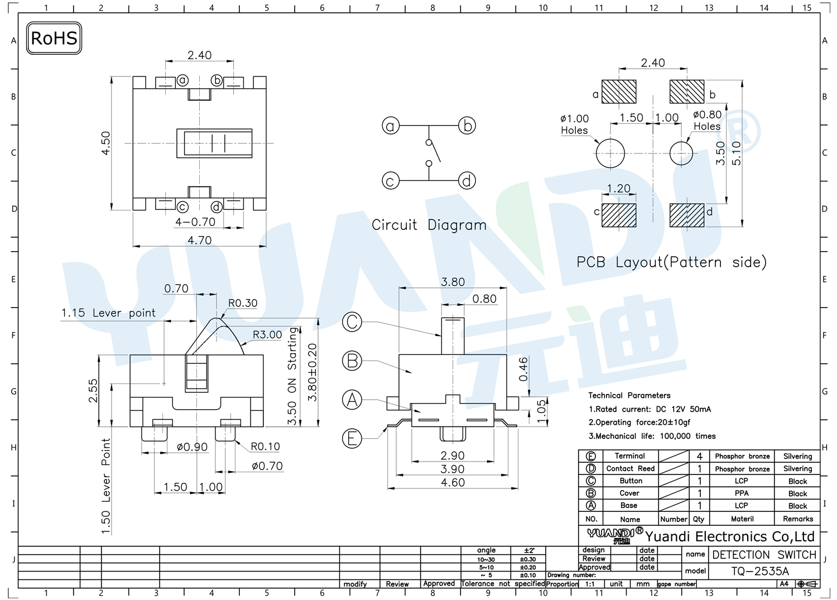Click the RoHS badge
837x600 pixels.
coord(54,38)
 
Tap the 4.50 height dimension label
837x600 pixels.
coord(106,143)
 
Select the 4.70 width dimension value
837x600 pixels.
coord(200,240)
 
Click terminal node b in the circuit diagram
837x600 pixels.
coord(467,126)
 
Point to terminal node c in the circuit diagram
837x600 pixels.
coord(391,181)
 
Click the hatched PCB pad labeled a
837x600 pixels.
coord(619,92)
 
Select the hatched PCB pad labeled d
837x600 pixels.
coord(687,215)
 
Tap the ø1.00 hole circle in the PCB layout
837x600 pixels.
coord(610,153)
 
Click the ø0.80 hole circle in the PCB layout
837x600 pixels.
coord(681,153)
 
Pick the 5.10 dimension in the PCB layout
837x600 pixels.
coord(736,153)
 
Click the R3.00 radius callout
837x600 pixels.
coord(267,334)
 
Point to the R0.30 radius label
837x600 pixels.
coord(243,303)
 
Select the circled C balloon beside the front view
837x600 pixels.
coord(352,322)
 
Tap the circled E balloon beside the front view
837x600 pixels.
coord(352,439)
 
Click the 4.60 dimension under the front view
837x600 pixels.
coord(453,482)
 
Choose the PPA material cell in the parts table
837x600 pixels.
coord(742,493)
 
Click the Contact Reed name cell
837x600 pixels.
coord(631,468)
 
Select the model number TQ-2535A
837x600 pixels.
coord(760,571)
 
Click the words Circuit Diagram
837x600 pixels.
coord(429,225)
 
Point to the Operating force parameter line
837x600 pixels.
coord(639,423)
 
